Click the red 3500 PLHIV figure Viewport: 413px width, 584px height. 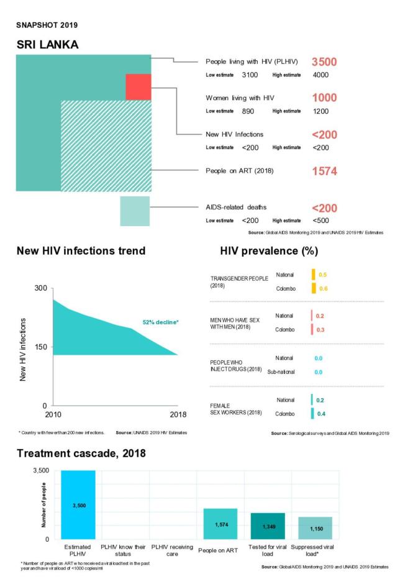[x=324, y=62]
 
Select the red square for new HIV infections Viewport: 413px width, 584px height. [x=138, y=86]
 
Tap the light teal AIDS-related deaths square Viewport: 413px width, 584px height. [x=135, y=211]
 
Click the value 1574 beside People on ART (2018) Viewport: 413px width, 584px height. [x=324, y=171]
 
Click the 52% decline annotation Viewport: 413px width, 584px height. [x=160, y=322]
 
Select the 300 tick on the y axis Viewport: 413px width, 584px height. [x=40, y=288]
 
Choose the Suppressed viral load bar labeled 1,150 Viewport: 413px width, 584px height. [x=315, y=528]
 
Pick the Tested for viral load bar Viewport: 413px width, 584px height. [x=268, y=526]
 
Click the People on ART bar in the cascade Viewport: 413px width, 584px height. [x=220, y=524]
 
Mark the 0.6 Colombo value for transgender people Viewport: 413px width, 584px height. [x=322, y=288]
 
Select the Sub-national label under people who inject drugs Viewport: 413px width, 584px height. [x=281, y=372]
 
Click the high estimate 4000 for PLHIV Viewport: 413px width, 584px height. [x=320, y=75]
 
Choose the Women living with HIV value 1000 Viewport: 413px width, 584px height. [x=324, y=98]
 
